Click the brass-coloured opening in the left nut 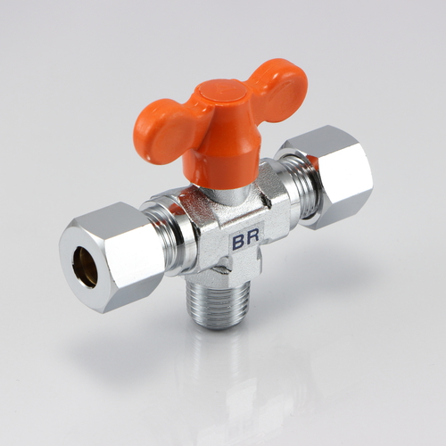(x=86, y=267)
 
